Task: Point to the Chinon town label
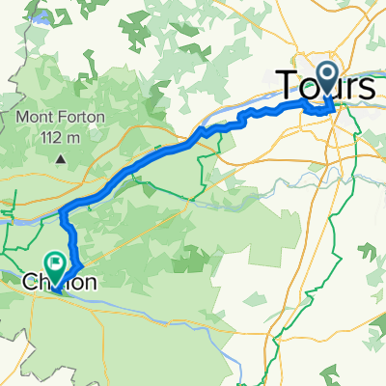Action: [x=59, y=283]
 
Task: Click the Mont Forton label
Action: [x=61, y=120]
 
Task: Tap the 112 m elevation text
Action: [x=61, y=137]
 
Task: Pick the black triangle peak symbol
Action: [x=61, y=157]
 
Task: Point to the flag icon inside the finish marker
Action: [x=57, y=261]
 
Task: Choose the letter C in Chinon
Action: [x=29, y=283]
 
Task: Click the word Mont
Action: [x=35, y=120]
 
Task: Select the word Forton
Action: [x=79, y=120]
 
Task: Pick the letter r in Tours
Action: [x=349, y=87]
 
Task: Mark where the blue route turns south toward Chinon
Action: [x=63, y=211]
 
